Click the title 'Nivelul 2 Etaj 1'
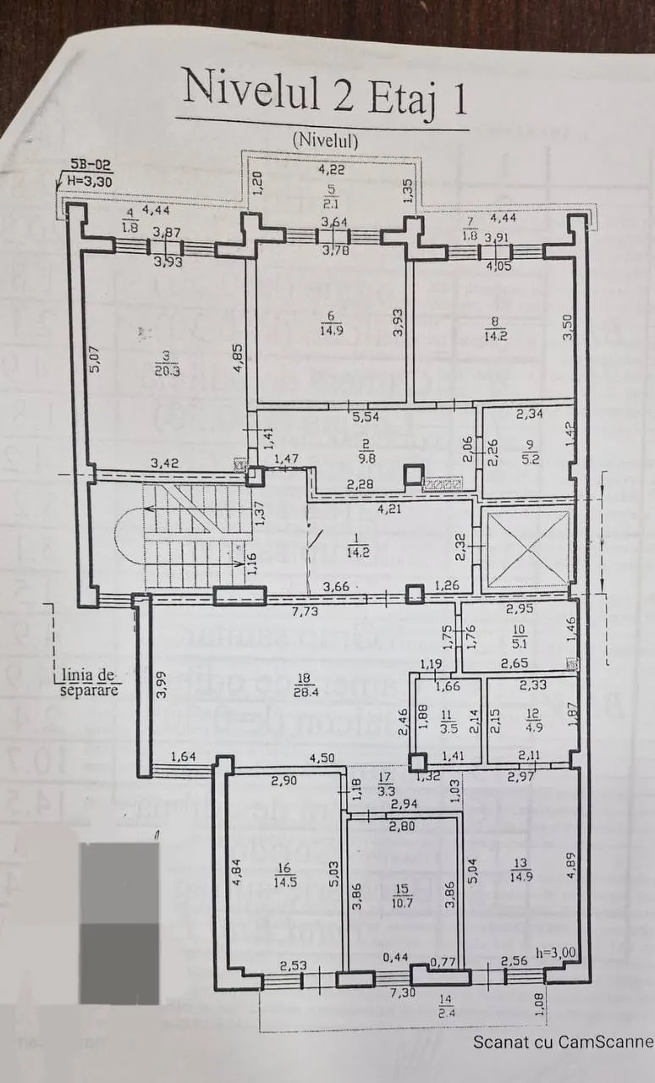(x=324, y=91)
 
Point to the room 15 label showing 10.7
(x=403, y=895)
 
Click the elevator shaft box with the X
(x=526, y=548)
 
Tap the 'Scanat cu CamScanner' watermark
(x=563, y=1042)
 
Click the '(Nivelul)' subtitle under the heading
(x=325, y=141)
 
